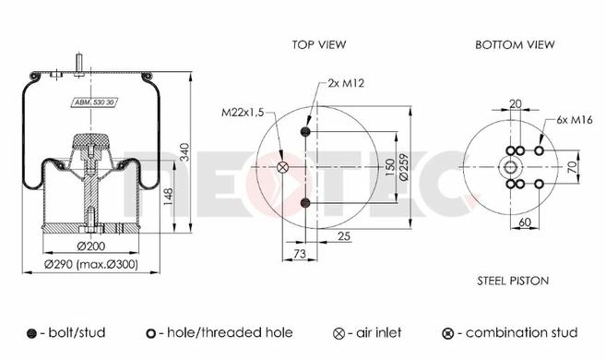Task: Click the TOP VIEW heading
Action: click(x=319, y=44)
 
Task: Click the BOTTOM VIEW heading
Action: click(x=515, y=44)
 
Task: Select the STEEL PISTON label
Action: click(x=513, y=281)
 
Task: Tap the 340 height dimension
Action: click(x=185, y=152)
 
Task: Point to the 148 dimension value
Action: click(x=169, y=197)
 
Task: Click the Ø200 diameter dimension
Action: click(x=90, y=246)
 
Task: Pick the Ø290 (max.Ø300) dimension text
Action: click(x=90, y=265)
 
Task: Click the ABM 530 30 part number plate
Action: click(x=94, y=102)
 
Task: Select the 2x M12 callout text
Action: click(x=346, y=83)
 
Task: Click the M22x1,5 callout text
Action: click(x=243, y=113)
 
